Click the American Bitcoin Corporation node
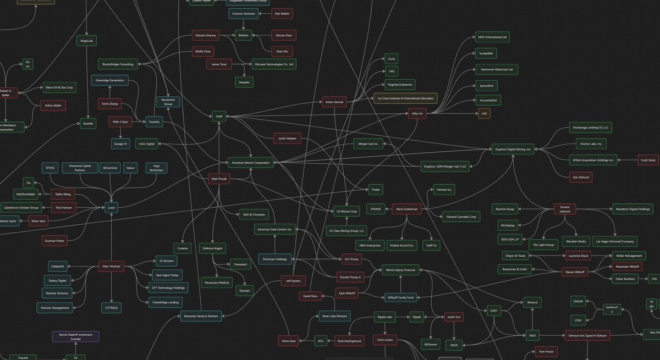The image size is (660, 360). pos(251,163)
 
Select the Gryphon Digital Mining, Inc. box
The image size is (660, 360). pos(513,149)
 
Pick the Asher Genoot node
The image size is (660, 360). pos(334,102)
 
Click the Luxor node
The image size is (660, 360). pos(112,208)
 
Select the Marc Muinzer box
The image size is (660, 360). pos(112,267)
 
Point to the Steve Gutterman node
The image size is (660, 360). pos(407,209)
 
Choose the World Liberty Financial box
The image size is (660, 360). pos(401,270)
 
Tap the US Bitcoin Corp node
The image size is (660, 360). pos(346,211)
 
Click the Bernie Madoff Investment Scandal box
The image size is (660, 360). pos(75,337)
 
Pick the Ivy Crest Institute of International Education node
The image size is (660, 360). pos(405,98)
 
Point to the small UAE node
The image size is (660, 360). pos(484,114)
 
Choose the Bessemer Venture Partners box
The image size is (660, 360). pos(200,316)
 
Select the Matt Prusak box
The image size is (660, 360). pos(219,180)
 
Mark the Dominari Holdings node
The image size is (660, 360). pos(274,259)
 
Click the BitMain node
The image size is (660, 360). pos(243,35)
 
